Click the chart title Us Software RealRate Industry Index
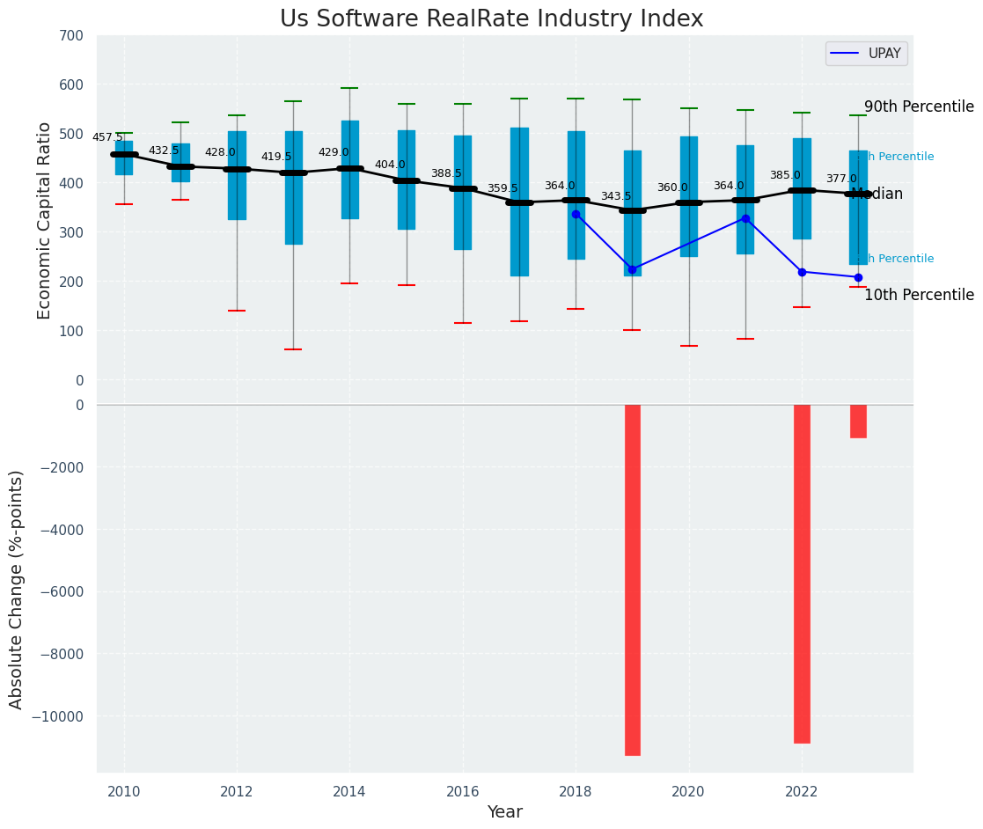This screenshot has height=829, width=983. coord(491,19)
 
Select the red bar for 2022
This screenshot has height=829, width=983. coord(802,573)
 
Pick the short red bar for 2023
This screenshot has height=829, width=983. coord(858,421)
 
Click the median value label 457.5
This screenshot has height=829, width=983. coord(107,137)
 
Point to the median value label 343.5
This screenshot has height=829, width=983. coord(616,196)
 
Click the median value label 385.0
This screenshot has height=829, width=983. coord(785,175)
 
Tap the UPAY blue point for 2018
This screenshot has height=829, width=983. coord(576,214)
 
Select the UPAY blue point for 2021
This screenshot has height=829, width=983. coord(745,218)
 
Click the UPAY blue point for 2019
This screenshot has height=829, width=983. coord(632,269)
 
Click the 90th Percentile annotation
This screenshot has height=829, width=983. coord(919,106)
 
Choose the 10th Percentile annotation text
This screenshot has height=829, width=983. coord(919,295)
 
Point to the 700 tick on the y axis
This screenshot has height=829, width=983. coord(72,36)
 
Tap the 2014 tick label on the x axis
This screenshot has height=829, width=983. coord(349,791)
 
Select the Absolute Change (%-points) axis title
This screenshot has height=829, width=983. coord(17,589)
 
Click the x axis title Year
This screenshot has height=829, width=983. coord(505,812)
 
